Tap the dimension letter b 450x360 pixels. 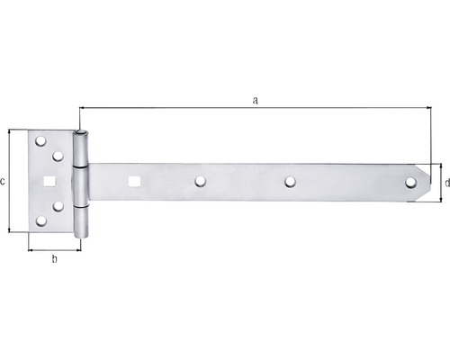pos(54,260)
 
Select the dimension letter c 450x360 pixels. pos(4,181)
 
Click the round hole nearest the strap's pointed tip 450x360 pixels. pos(410,183)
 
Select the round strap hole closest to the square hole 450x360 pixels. pos(199,182)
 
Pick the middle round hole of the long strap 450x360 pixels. pos(290,182)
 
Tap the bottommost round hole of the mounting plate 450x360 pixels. pos(40,220)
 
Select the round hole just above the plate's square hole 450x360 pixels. pos(58,155)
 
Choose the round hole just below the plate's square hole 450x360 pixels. pos(58,207)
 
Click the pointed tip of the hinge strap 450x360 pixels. pos(430,183)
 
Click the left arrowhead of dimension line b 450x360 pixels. pos(31,249)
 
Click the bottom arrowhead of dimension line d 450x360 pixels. pos(440,199)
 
